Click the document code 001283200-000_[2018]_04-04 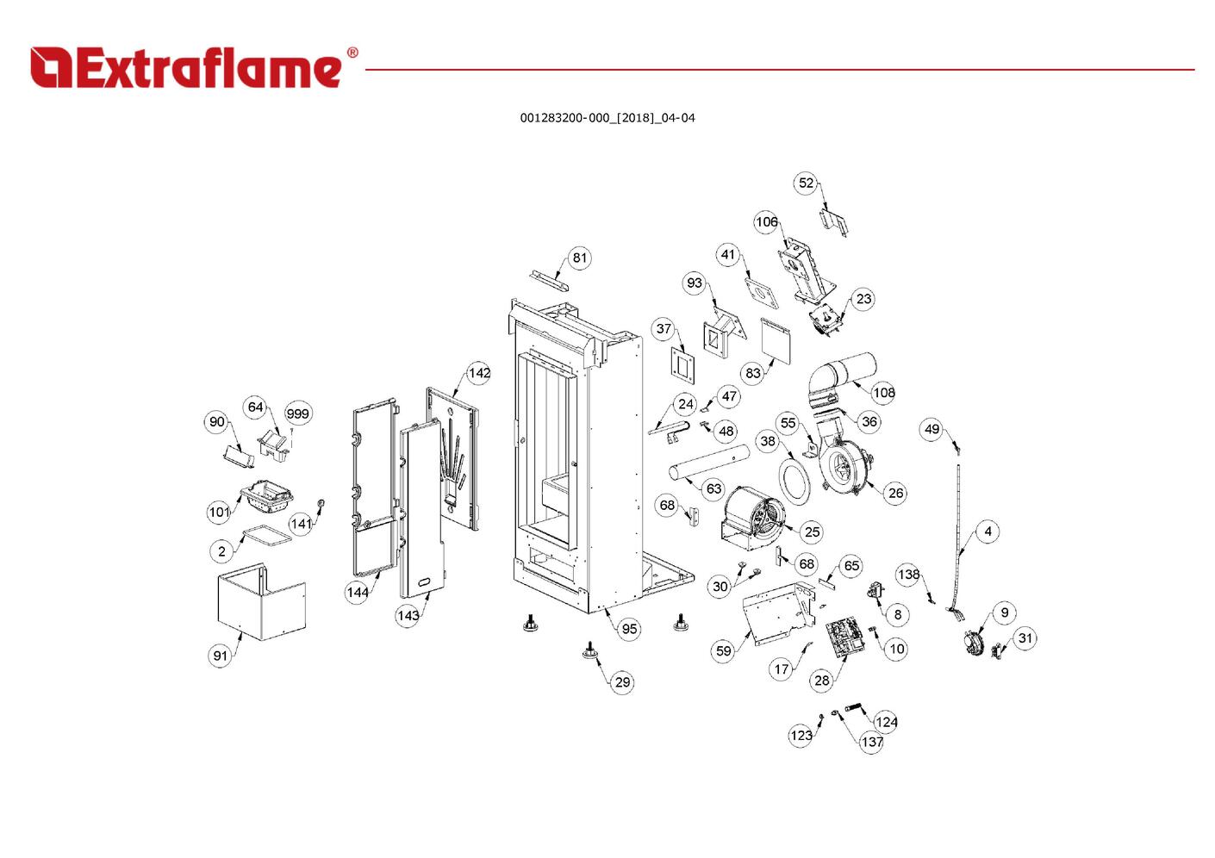pyautogui.click(x=607, y=118)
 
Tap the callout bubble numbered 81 pyautogui.click(x=580, y=258)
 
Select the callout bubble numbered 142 pyautogui.click(x=479, y=373)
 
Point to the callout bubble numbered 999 pyautogui.click(x=298, y=413)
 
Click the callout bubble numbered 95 pyautogui.click(x=629, y=629)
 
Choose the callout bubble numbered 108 pyautogui.click(x=883, y=392)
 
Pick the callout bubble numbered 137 pyautogui.click(x=872, y=742)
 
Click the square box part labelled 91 pyautogui.click(x=261, y=602)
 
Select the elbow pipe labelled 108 pyautogui.click(x=840, y=379)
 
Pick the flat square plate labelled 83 pyautogui.click(x=776, y=340)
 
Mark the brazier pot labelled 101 pyautogui.click(x=266, y=496)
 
